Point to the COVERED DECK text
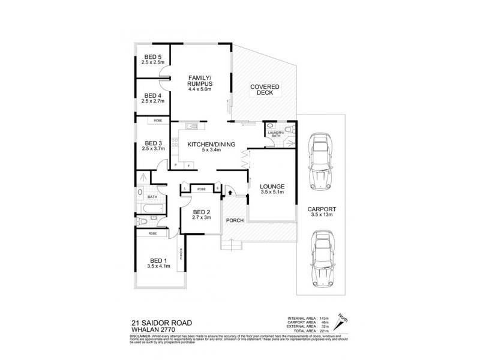pos(264,89)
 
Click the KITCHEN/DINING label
pos(208,144)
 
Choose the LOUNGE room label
pos(272,186)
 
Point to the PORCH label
pos(235,220)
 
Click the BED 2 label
pos(201,212)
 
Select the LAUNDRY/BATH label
pos(275,134)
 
